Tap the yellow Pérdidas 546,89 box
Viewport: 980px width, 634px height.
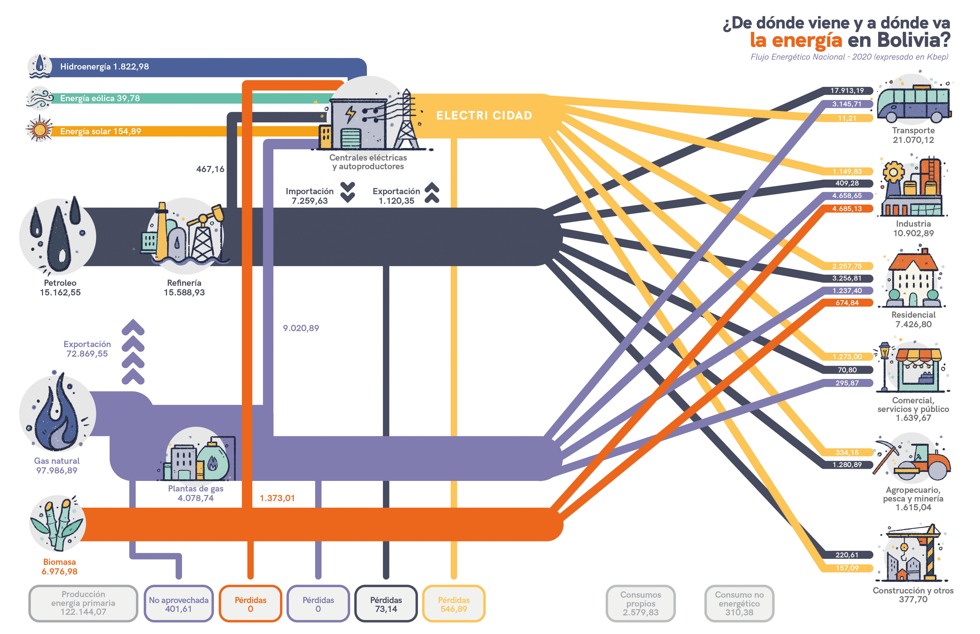454,604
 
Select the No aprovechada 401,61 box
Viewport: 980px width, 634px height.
179,604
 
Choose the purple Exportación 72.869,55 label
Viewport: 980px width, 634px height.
87,349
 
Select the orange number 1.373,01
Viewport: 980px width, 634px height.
277,498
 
